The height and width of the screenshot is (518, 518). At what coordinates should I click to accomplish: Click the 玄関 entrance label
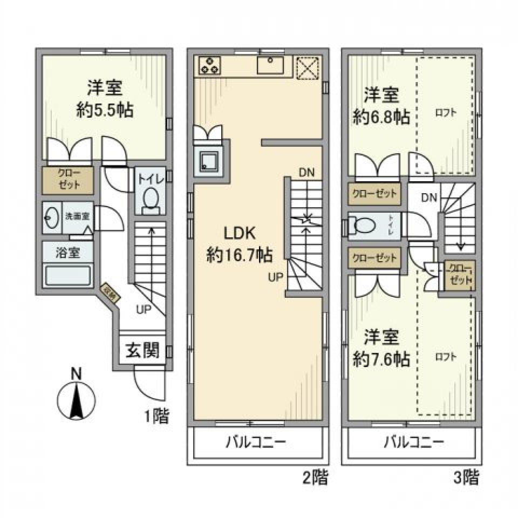142,351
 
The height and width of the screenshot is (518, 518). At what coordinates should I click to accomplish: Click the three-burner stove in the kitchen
210,65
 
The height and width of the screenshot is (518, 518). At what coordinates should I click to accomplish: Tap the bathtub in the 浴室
67,276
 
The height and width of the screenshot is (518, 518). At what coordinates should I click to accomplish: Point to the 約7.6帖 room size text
381,358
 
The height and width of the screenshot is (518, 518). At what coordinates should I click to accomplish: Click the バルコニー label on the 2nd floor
255,443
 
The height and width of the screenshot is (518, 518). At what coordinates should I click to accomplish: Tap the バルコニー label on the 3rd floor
414,443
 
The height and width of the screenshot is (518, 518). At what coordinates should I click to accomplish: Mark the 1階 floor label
156,417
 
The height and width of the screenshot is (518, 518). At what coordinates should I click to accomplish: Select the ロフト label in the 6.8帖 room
446,113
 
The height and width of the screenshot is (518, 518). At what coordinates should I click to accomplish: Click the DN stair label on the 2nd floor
306,173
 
